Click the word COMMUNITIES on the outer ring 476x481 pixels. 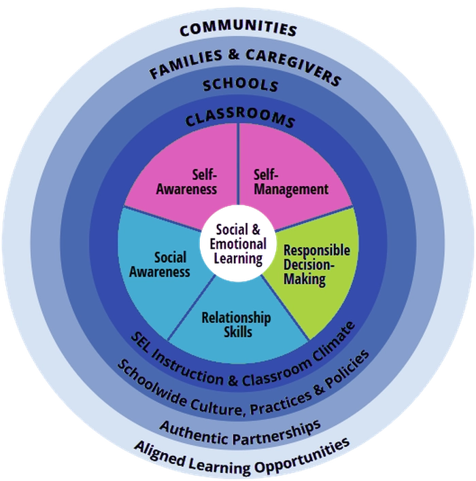pos(239,29)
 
